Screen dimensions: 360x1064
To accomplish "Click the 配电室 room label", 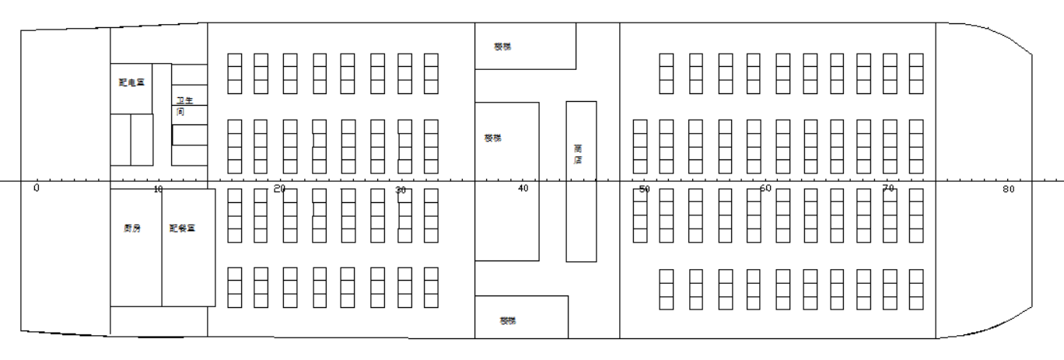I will (131, 82).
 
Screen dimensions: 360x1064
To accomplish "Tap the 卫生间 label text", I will (183, 106).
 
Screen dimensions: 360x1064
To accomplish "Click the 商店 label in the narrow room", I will (578, 154).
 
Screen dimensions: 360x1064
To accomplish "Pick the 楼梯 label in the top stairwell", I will (502, 47).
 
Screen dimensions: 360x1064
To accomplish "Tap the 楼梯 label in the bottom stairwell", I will (508, 320).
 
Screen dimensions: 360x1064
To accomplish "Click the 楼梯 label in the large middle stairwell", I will (492, 138).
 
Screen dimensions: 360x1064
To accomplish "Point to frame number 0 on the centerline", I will (37, 189).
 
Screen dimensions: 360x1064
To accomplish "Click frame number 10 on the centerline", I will (158, 190).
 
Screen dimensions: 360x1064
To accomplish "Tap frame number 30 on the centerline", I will (401, 190).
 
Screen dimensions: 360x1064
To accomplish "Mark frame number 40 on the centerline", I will (523, 189).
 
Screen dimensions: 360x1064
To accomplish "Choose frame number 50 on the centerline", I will (644, 190).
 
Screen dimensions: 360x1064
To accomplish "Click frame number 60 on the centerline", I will (765, 189).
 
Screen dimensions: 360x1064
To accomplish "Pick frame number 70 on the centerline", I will (887, 189).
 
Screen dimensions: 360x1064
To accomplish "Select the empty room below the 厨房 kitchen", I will (159, 320).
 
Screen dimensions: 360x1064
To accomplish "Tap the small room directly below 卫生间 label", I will (189, 135).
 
